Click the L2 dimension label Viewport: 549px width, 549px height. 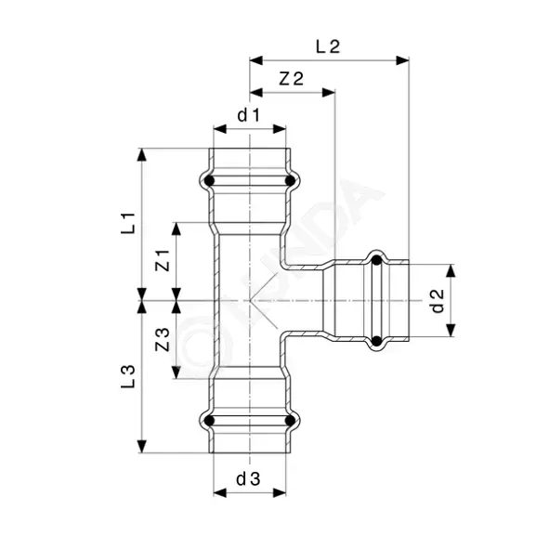328,46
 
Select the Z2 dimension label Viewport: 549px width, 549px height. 291,79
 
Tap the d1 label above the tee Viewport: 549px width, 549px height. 249,115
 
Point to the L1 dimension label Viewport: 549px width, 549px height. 128,223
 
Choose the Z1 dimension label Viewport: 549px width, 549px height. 163,260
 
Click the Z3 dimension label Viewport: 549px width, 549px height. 163,340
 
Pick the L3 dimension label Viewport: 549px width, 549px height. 128,376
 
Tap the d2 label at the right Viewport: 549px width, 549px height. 438,301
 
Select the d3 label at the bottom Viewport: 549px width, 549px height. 248,479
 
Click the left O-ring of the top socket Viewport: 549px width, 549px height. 209,181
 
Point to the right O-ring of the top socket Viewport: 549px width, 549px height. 290,181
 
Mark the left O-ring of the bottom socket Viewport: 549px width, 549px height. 209,421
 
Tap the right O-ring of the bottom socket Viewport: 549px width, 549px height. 290,421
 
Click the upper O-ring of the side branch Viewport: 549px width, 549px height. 376,260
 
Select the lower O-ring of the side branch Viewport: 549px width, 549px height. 376,340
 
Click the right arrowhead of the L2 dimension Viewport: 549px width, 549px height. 402,60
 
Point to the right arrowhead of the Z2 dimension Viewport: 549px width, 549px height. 329,93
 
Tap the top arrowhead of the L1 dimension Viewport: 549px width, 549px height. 141,155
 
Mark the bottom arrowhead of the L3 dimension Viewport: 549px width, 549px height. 141,447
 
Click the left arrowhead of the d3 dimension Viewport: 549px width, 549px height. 220,493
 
